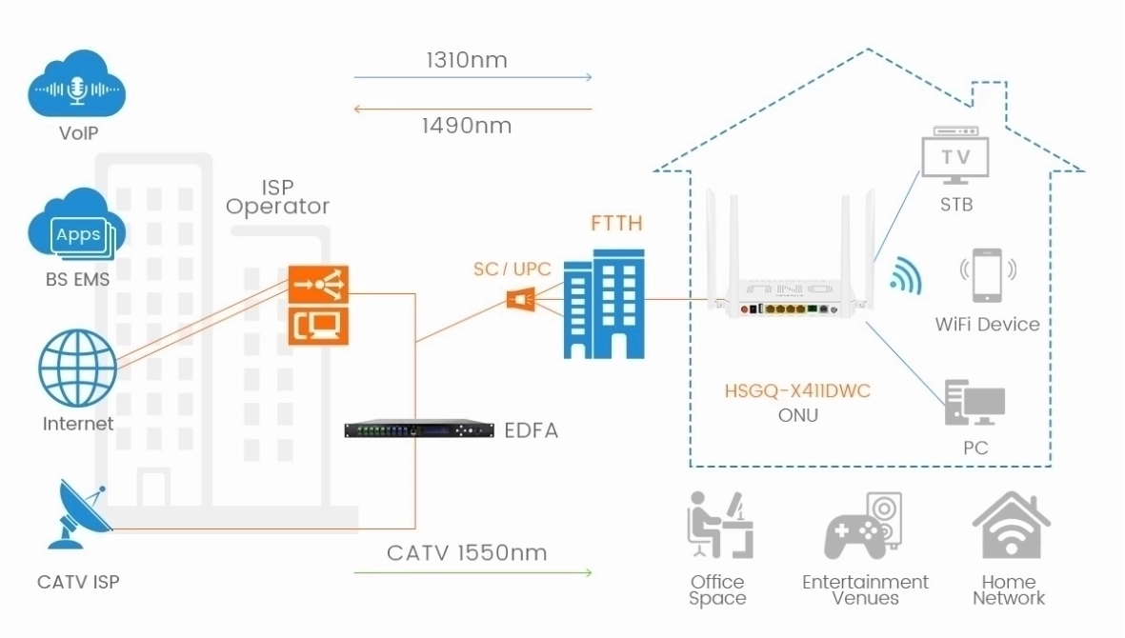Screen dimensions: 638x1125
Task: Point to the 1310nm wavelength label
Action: click(x=466, y=61)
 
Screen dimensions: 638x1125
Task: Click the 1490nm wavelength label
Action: click(x=466, y=126)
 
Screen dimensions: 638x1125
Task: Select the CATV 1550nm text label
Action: click(x=467, y=553)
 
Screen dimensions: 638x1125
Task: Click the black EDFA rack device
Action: click(x=420, y=430)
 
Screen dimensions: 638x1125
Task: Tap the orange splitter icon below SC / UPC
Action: click(x=520, y=300)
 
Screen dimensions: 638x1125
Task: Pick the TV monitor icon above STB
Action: click(x=955, y=156)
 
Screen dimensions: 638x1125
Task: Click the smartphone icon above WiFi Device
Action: click(x=986, y=276)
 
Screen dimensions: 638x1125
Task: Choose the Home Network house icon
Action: click(x=1010, y=525)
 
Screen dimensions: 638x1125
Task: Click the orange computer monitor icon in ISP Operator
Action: click(x=319, y=328)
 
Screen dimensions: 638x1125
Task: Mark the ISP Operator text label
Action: click(x=277, y=197)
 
